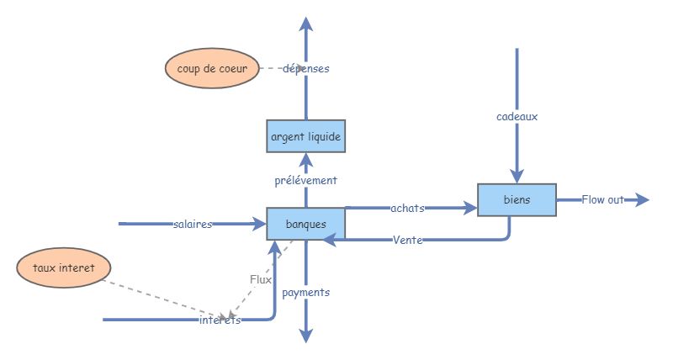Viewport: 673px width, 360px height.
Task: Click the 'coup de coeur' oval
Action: click(x=206, y=69)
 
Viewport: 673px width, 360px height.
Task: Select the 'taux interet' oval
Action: click(x=65, y=268)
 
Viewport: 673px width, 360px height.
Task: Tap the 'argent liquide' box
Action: click(x=306, y=136)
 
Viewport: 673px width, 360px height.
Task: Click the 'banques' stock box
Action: click(x=306, y=225)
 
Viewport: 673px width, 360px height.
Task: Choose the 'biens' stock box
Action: click(x=517, y=200)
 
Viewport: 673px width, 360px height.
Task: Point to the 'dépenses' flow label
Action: click(x=306, y=69)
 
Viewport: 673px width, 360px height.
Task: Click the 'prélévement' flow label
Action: click(x=306, y=180)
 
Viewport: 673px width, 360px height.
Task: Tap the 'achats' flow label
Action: click(x=407, y=208)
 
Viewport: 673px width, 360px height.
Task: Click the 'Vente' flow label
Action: click(x=407, y=241)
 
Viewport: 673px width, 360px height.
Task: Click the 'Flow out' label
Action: click(x=602, y=200)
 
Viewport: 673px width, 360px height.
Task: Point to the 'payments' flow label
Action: click(x=306, y=293)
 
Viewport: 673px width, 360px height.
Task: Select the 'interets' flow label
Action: click(x=220, y=320)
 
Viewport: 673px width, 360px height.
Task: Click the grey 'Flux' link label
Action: click(x=261, y=279)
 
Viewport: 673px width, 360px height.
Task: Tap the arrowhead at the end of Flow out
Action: click(x=643, y=200)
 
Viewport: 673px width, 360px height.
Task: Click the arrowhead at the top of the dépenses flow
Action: click(x=306, y=23)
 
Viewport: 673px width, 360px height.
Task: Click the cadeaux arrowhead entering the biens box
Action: click(x=517, y=177)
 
